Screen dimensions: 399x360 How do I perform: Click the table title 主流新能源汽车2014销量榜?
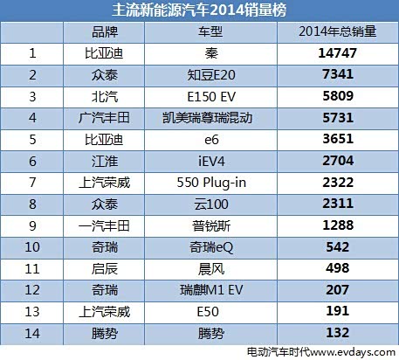pos(199,10)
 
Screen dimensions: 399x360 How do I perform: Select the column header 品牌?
pos(105,31)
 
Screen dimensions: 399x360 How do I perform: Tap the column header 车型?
pos(210,31)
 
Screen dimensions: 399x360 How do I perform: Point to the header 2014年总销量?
pos(337,31)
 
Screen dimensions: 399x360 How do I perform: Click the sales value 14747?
pos(337,53)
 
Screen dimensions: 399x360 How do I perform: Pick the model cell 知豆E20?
pos(211,75)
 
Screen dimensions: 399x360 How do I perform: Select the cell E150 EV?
pos(211,97)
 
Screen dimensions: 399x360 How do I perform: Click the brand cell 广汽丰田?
pos(104,118)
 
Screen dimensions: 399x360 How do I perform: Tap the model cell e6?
pos(211,140)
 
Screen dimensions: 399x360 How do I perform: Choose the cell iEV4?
pos(211,161)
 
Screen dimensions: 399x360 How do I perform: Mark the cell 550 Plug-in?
pos(211,183)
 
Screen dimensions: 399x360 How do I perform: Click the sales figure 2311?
pos(338,204)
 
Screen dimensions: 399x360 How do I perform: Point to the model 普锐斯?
pos(211,226)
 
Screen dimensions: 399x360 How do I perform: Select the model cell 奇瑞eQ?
pos(211,247)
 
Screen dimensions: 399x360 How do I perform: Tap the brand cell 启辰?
pos(105,269)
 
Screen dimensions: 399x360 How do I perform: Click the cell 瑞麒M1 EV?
pos(211,290)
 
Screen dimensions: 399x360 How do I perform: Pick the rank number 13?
pos(32,312)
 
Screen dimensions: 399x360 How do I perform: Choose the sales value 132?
pos(338,333)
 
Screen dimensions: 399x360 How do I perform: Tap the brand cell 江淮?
pos(105,162)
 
